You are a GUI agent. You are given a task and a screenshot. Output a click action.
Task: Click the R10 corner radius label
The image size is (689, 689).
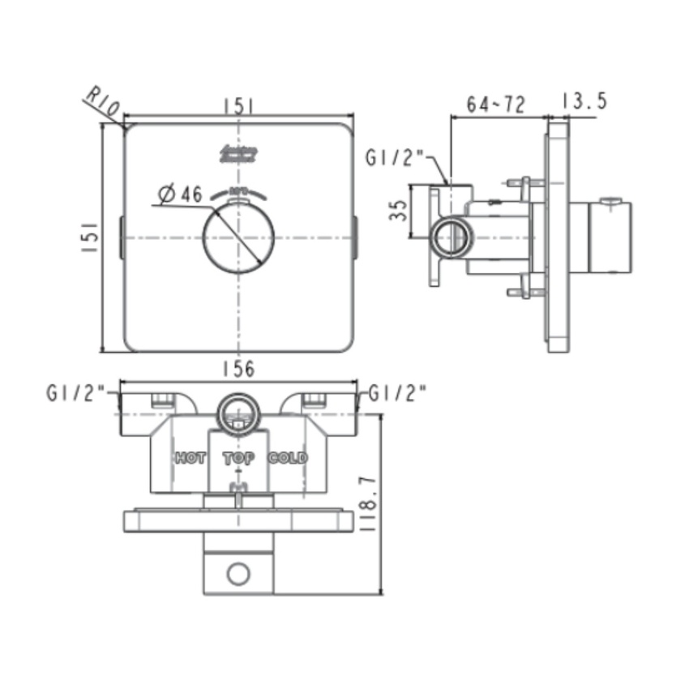pyautogui.click(x=103, y=101)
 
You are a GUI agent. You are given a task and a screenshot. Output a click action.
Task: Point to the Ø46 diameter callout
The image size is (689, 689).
pyautogui.click(x=180, y=195)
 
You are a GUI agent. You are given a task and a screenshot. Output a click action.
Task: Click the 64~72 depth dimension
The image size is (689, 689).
pyautogui.click(x=496, y=104)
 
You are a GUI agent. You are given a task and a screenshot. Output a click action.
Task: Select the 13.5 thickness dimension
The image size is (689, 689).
pyautogui.click(x=584, y=101)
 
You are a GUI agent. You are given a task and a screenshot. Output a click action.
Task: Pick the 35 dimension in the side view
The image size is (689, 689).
pyautogui.click(x=398, y=212)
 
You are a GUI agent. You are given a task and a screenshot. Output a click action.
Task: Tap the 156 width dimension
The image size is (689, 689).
pyautogui.click(x=238, y=369)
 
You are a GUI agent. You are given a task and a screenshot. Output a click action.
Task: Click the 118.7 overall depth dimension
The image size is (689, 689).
pyautogui.click(x=396, y=503)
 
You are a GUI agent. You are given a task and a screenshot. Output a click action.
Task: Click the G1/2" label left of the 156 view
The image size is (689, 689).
pyautogui.click(x=76, y=394)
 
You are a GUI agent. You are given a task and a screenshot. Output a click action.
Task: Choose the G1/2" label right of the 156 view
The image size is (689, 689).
pyautogui.click(x=398, y=394)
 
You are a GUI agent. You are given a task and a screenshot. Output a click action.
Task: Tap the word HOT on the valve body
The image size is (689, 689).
pyautogui.click(x=190, y=458)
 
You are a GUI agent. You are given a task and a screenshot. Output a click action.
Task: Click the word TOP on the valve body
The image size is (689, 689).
pyautogui.click(x=239, y=458)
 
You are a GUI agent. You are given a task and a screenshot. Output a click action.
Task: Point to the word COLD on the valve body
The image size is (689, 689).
pyautogui.click(x=289, y=458)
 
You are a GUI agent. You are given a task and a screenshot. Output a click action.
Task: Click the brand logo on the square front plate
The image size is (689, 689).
pyautogui.click(x=238, y=154)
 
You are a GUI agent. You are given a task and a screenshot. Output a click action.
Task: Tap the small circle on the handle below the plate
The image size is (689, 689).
pyautogui.click(x=238, y=575)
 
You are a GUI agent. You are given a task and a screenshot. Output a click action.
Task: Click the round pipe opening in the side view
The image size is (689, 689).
pyautogui.click(x=451, y=238)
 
